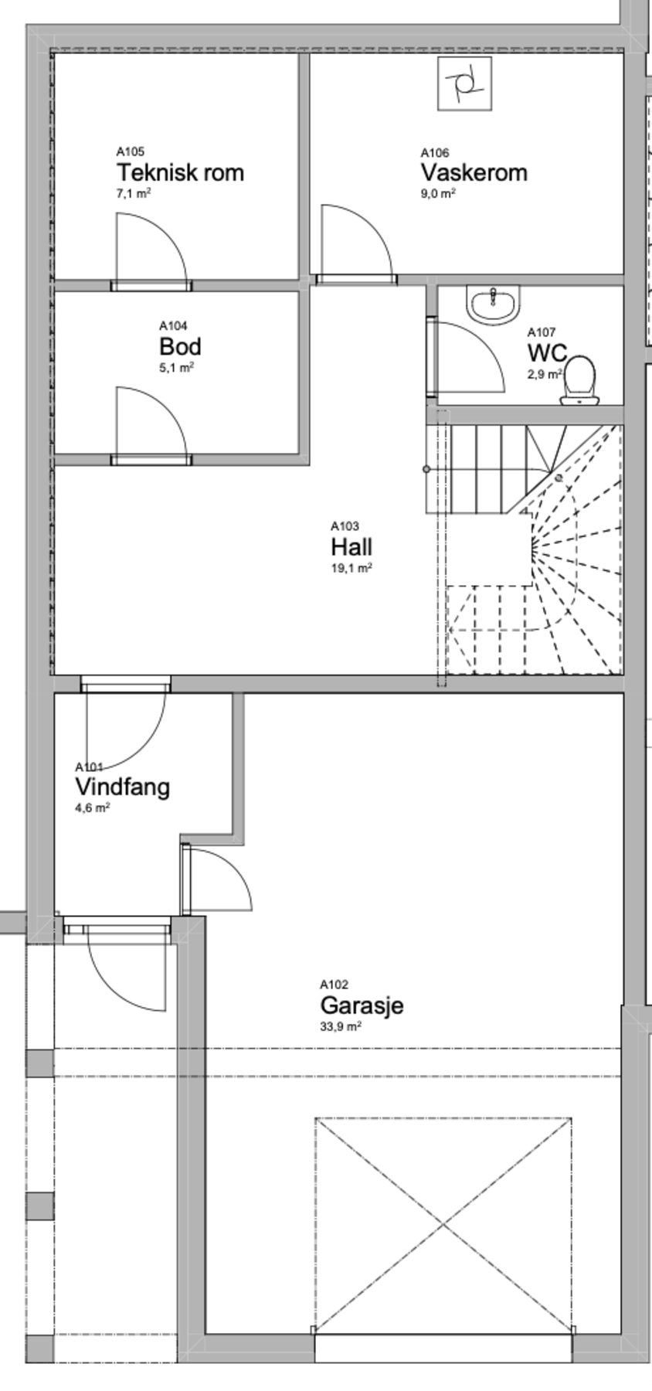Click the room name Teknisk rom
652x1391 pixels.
point(180,172)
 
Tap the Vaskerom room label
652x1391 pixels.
point(474,172)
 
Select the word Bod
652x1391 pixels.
point(180,345)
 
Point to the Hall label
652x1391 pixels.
point(351,547)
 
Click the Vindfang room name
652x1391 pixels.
point(122,787)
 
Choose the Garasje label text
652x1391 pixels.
point(362,1006)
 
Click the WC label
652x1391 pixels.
point(547,353)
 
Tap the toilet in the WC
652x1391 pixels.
point(579,379)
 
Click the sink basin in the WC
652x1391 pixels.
point(494,304)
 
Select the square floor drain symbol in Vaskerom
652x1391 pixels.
point(465,83)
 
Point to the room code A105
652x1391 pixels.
point(130,152)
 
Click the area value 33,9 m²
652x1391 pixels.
point(341,1027)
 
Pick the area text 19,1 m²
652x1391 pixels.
point(351,568)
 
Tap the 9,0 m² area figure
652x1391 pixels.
point(438,194)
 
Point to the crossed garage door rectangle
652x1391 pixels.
point(443,1225)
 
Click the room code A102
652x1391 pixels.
point(334,985)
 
